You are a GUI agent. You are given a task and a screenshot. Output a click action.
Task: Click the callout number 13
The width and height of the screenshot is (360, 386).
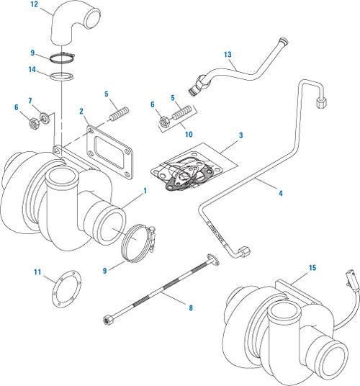pos(228,55)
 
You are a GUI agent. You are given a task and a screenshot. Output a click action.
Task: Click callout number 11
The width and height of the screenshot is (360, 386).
pos(37,271)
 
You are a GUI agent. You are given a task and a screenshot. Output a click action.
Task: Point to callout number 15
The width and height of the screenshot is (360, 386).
pos(312,268)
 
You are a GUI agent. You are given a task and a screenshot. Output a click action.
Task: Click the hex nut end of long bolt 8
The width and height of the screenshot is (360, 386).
pos(107,318)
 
